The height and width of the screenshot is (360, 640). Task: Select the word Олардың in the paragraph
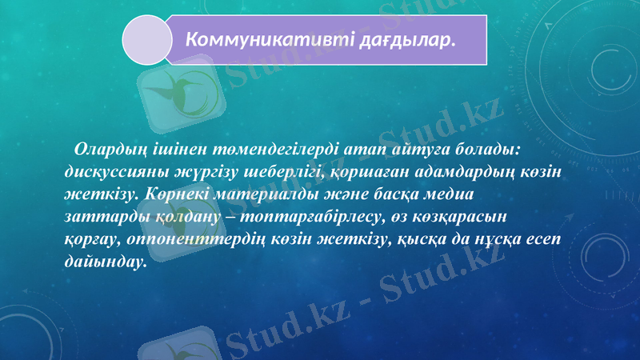(x=107, y=149)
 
